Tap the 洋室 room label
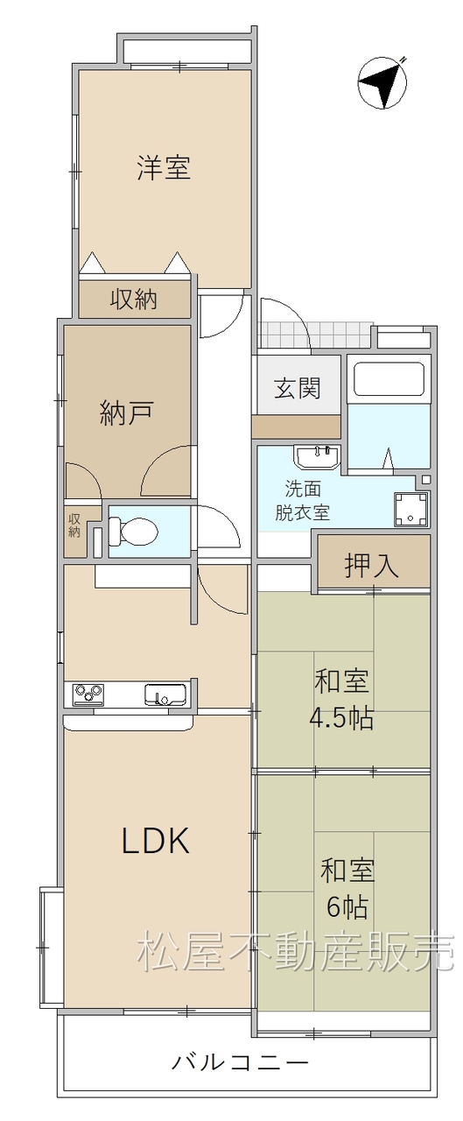tap(164, 167)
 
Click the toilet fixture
tap(132, 531)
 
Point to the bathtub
tap(389, 379)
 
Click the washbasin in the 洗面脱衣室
tap(317, 457)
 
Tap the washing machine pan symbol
tap(411, 510)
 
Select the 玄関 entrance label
tap(298, 387)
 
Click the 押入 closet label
tap(371, 566)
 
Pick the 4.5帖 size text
tap(341, 719)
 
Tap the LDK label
tap(156, 840)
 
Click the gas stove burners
tap(88, 694)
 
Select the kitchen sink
tap(165, 694)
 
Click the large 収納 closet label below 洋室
tap(134, 300)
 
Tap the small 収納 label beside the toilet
tap(74, 525)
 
